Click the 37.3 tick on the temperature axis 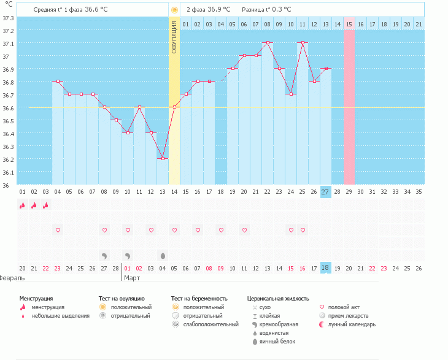point(8,17)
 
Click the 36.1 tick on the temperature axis point(8,172)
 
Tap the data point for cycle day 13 point(163,158)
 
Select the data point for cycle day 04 point(58,81)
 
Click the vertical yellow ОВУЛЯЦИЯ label point(174,36)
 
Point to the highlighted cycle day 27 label point(325,192)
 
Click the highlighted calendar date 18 point(325,268)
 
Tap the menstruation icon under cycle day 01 point(22,205)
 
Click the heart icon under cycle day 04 point(58,230)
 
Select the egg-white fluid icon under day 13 point(163,255)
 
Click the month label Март point(132,278)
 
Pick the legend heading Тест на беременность point(199,298)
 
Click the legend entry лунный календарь point(351,324)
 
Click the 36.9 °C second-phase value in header point(218,9)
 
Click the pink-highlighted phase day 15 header point(349,24)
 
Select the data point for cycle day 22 point(268,42)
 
